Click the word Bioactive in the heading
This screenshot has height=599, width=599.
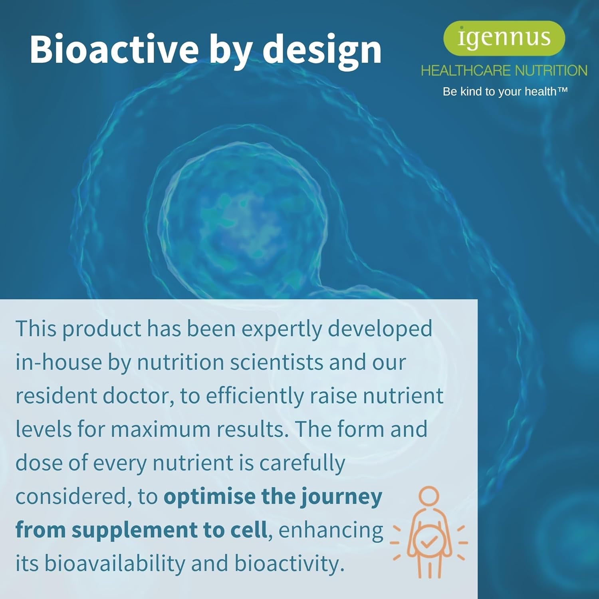[114, 50]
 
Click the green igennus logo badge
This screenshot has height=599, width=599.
[504, 38]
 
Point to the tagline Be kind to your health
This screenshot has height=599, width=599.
[505, 91]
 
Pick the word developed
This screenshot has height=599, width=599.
[380, 329]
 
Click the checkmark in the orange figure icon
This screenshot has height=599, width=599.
[428, 542]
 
